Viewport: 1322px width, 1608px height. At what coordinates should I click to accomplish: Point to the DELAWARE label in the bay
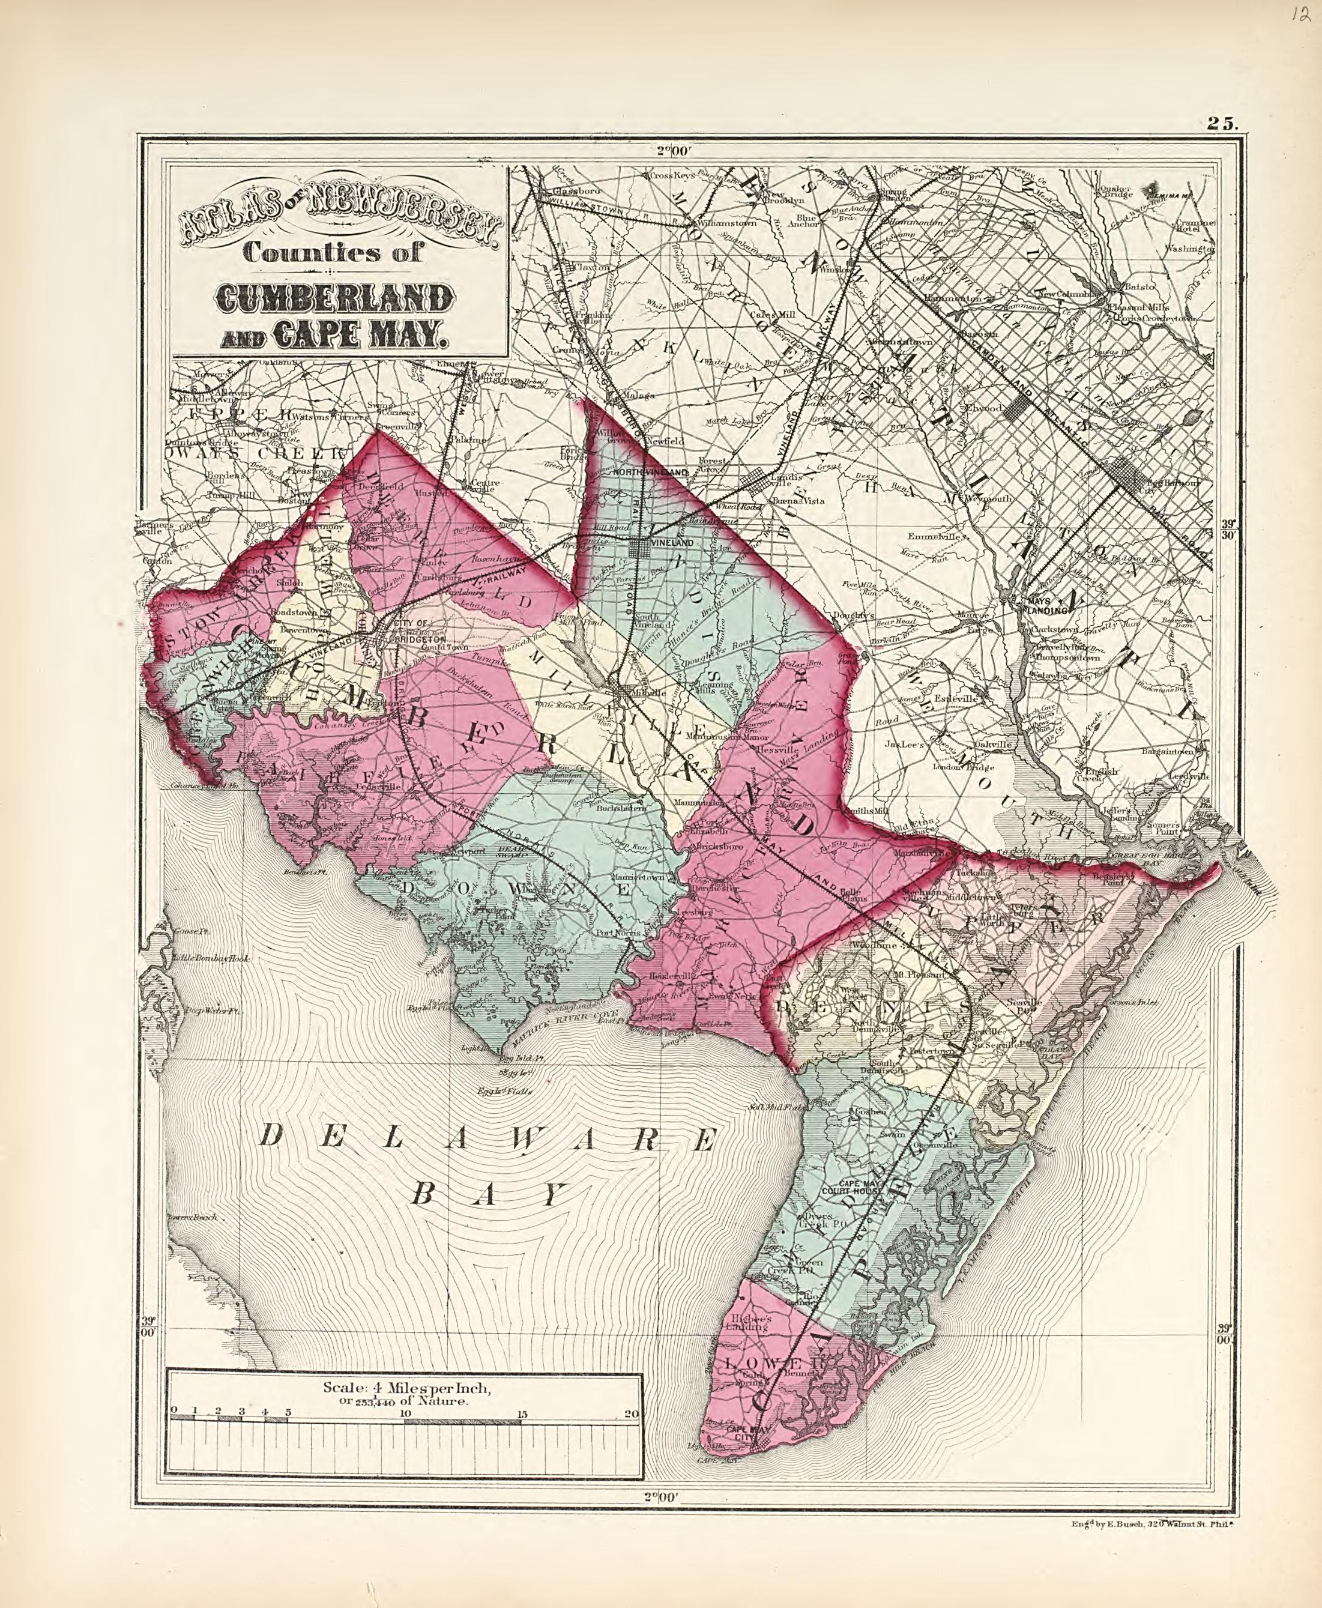(x=487, y=1139)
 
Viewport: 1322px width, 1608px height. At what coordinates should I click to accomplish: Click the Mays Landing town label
(x=1044, y=604)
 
